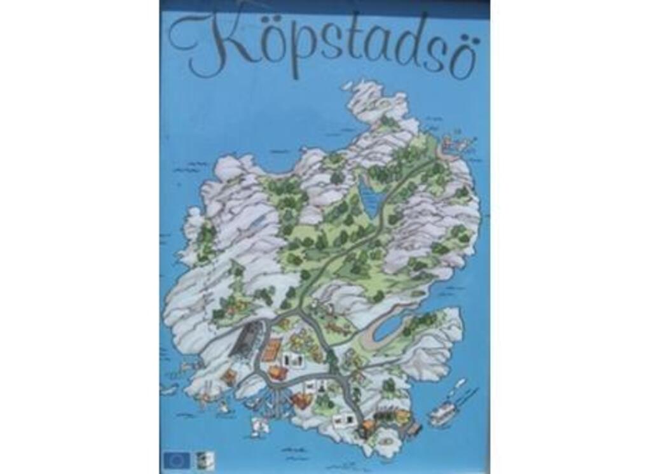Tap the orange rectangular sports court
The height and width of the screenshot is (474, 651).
pos(271,349)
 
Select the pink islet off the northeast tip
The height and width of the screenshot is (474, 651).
pos(456,143)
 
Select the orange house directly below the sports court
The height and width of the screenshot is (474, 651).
pos(278,372)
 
